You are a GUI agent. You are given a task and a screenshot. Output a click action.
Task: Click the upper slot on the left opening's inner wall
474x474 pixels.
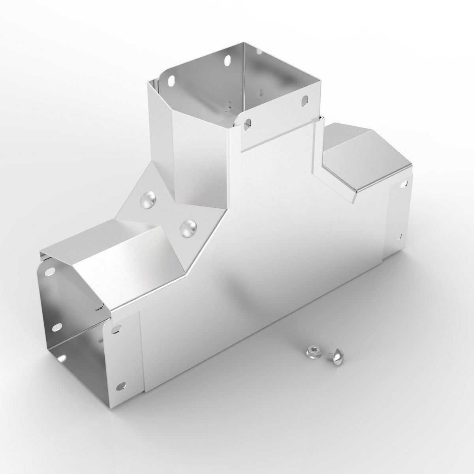coord(51,272)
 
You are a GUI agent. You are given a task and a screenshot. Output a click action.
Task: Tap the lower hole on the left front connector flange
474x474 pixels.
coord(123,384)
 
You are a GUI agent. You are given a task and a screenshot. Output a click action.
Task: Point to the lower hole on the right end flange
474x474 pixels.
coord(401,236)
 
